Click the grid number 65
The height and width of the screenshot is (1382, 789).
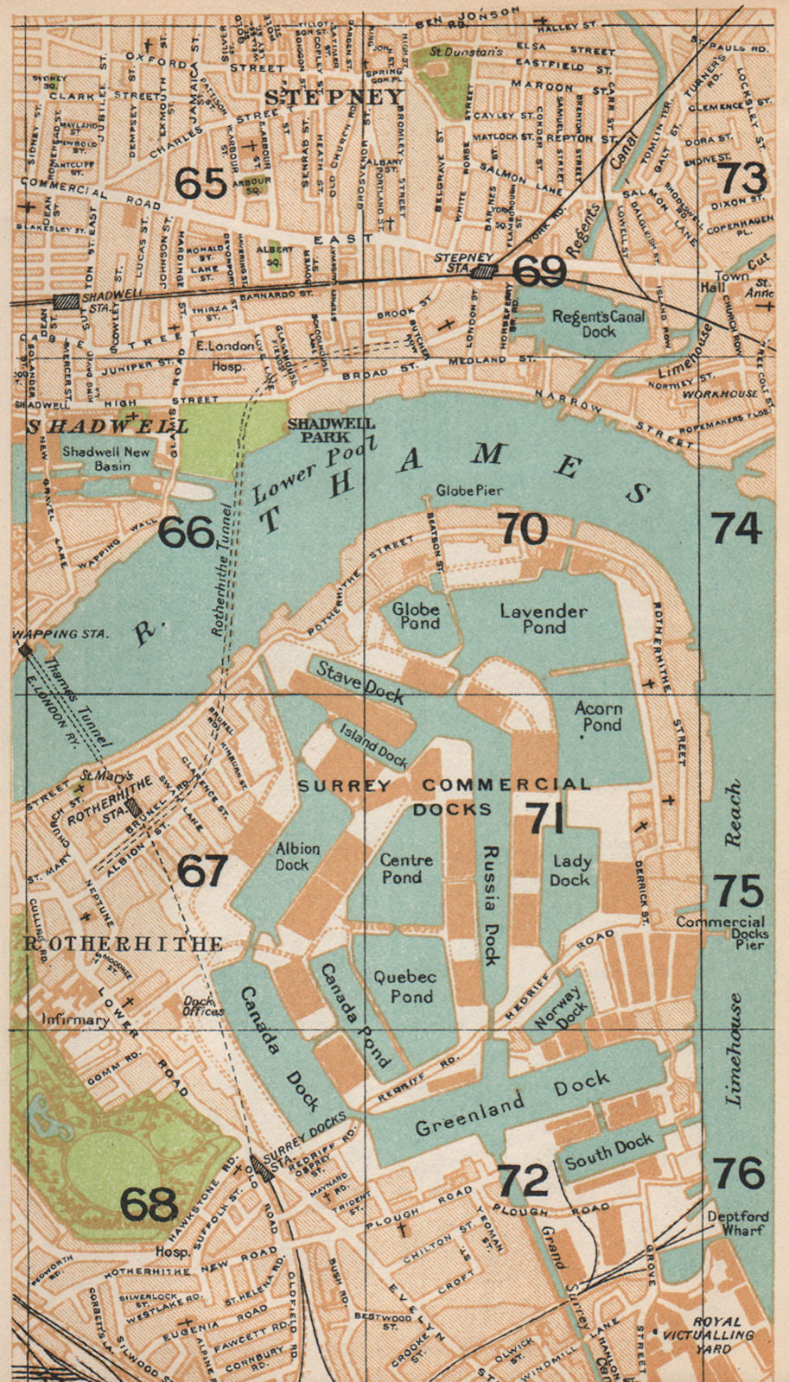pos(200,182)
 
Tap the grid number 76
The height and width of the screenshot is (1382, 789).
pos(740,1174)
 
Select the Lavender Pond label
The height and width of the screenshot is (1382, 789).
pos(544,618)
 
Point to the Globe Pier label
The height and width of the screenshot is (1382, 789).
pos(469,491)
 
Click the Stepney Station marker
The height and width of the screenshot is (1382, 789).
pos(485,271)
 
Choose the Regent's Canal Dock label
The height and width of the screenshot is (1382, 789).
pos(598,324)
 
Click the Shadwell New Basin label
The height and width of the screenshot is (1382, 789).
pos(106,459)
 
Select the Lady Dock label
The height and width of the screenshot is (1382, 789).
pos(571,871)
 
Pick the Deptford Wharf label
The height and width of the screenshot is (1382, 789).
pos(737,1223)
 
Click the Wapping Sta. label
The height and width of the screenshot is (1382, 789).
pos(60,635)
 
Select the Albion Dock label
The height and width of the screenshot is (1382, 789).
pos(297,856)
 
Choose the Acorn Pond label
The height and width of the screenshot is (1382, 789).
pos(598,716)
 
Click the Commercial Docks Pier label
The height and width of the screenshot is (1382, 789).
pos(721,933)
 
